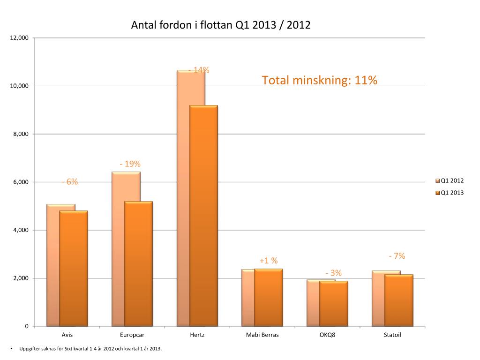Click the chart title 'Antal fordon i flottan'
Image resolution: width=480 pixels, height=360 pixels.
[221, 25]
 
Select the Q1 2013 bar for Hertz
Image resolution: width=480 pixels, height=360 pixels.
[203, 216]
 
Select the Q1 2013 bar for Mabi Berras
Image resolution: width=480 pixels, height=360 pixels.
[269, 297]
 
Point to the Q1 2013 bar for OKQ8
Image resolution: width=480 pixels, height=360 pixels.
[334, 303]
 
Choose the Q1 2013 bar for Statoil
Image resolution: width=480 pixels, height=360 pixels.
[398, 300]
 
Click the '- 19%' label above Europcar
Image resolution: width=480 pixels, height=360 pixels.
[130, 164]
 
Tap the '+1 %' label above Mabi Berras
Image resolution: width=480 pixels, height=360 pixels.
[269, 261]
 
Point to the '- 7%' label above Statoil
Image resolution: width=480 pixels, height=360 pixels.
[397, 256]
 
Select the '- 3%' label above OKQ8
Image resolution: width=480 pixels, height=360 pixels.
[334, 273]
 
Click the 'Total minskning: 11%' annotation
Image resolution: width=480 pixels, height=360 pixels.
[320, 81]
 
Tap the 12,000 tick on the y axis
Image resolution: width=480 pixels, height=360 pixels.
[19, 38]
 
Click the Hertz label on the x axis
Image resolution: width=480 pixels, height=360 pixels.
[197, 335]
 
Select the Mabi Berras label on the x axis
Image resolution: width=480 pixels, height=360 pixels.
[262, 335]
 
